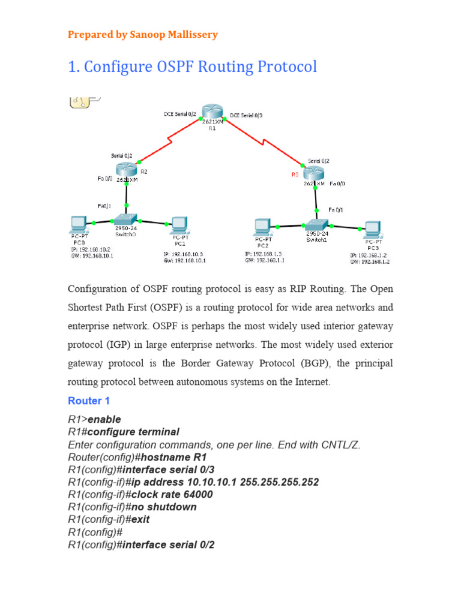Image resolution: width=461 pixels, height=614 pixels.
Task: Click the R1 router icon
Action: pyautogui.click(x=212, y=112)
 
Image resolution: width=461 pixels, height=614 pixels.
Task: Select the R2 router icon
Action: pyautogui.click(x=126, y=170)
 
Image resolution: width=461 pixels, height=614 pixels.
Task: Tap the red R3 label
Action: pyautogui.click(x=295, y=174)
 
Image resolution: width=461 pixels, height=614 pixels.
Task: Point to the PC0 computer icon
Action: pyautogui.click(x=78, y=225)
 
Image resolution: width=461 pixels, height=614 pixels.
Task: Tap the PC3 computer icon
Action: pyautogui.click(x=373, y=228)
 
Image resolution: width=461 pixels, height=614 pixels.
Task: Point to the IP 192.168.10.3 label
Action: pyautogui.click(x=184, y=254)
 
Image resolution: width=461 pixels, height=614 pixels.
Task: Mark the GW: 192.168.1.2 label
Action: pyautogui.click(x=370, y=262)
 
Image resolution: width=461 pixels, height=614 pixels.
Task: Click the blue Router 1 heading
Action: pyautogui.click(x=89, y=401)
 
